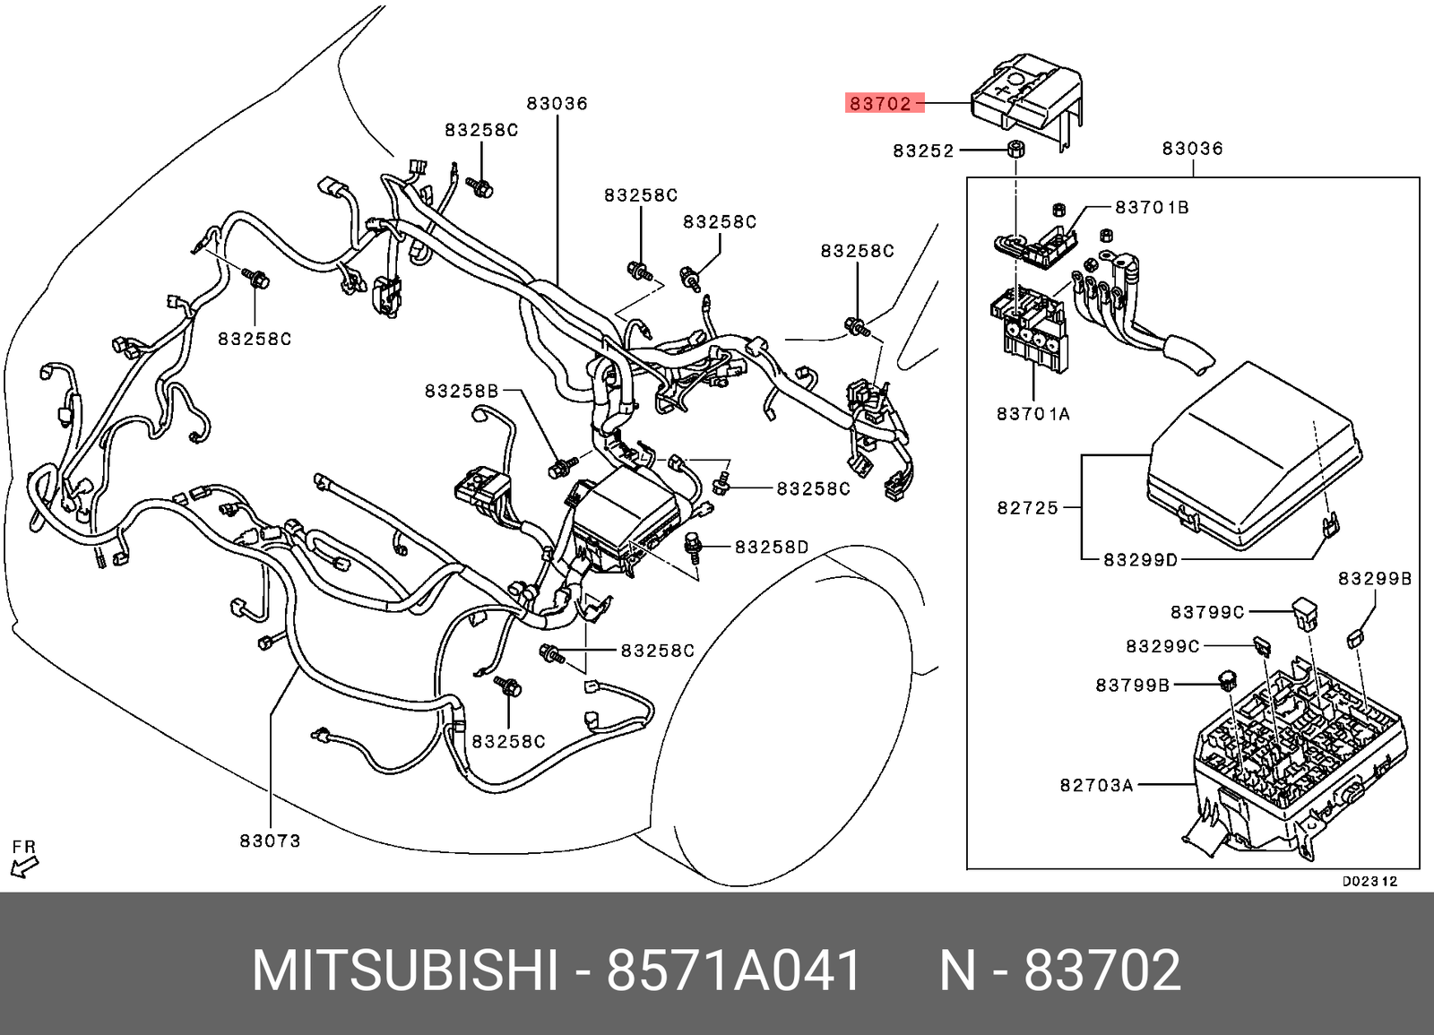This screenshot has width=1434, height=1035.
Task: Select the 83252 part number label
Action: (x=923, y=151)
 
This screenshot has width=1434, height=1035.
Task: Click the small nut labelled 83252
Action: (x=1015, y=149)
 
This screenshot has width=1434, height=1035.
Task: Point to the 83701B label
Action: (x=1152, y=208)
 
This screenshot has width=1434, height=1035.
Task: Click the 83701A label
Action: (x=1033, y=414)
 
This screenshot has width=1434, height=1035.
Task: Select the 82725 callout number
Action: (x=1027, y=508)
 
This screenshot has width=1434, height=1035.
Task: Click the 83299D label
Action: (x=1140, y=560)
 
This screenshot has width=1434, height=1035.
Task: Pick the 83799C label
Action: (x=1206, y=612)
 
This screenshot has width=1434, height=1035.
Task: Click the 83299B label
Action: (x=1375, y=579)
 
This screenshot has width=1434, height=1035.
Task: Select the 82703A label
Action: (x=1096, y=786)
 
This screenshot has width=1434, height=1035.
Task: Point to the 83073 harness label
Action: (x=270, y=841)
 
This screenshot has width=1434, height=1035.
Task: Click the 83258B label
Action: (x=462, y=392)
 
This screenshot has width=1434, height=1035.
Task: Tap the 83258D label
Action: (x=772, y=548)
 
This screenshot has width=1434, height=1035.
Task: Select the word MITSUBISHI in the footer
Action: (x=405, y=970)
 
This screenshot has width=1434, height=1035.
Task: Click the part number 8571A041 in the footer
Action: (x=734, y=970)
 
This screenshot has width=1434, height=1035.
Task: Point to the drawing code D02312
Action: (x=1369, y=882)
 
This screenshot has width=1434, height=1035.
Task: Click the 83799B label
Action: (x=1132, y=686)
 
